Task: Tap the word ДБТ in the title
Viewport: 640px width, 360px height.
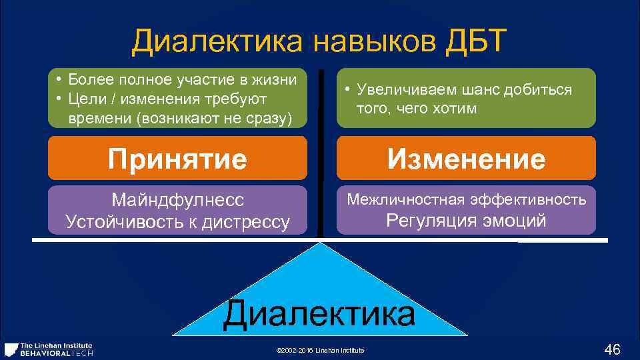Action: coord(474,43)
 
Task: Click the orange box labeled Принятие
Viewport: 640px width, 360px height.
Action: coord(178,159)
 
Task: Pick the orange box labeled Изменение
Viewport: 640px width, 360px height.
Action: coord(467,159)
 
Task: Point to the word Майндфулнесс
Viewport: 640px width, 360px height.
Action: coord(178,200)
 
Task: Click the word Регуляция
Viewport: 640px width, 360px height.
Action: coord(431,221)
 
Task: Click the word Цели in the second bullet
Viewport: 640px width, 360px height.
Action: coord(83,99)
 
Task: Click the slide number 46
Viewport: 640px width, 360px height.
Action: coord(612,349)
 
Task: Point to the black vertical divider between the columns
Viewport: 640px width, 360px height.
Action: coord(321,153)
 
